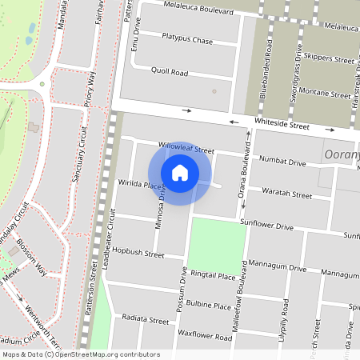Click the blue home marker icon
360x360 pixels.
[180, 173]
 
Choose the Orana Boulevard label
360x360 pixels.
[246, 184]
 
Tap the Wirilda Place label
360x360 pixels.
[136, 186]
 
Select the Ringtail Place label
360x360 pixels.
[211, 276]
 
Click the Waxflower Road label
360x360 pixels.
[206, 337]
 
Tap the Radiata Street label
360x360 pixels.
[146, 320]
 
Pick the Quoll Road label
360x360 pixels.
[169, 72]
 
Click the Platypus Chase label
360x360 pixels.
[187, 39]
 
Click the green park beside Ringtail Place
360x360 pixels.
[216, 244]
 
